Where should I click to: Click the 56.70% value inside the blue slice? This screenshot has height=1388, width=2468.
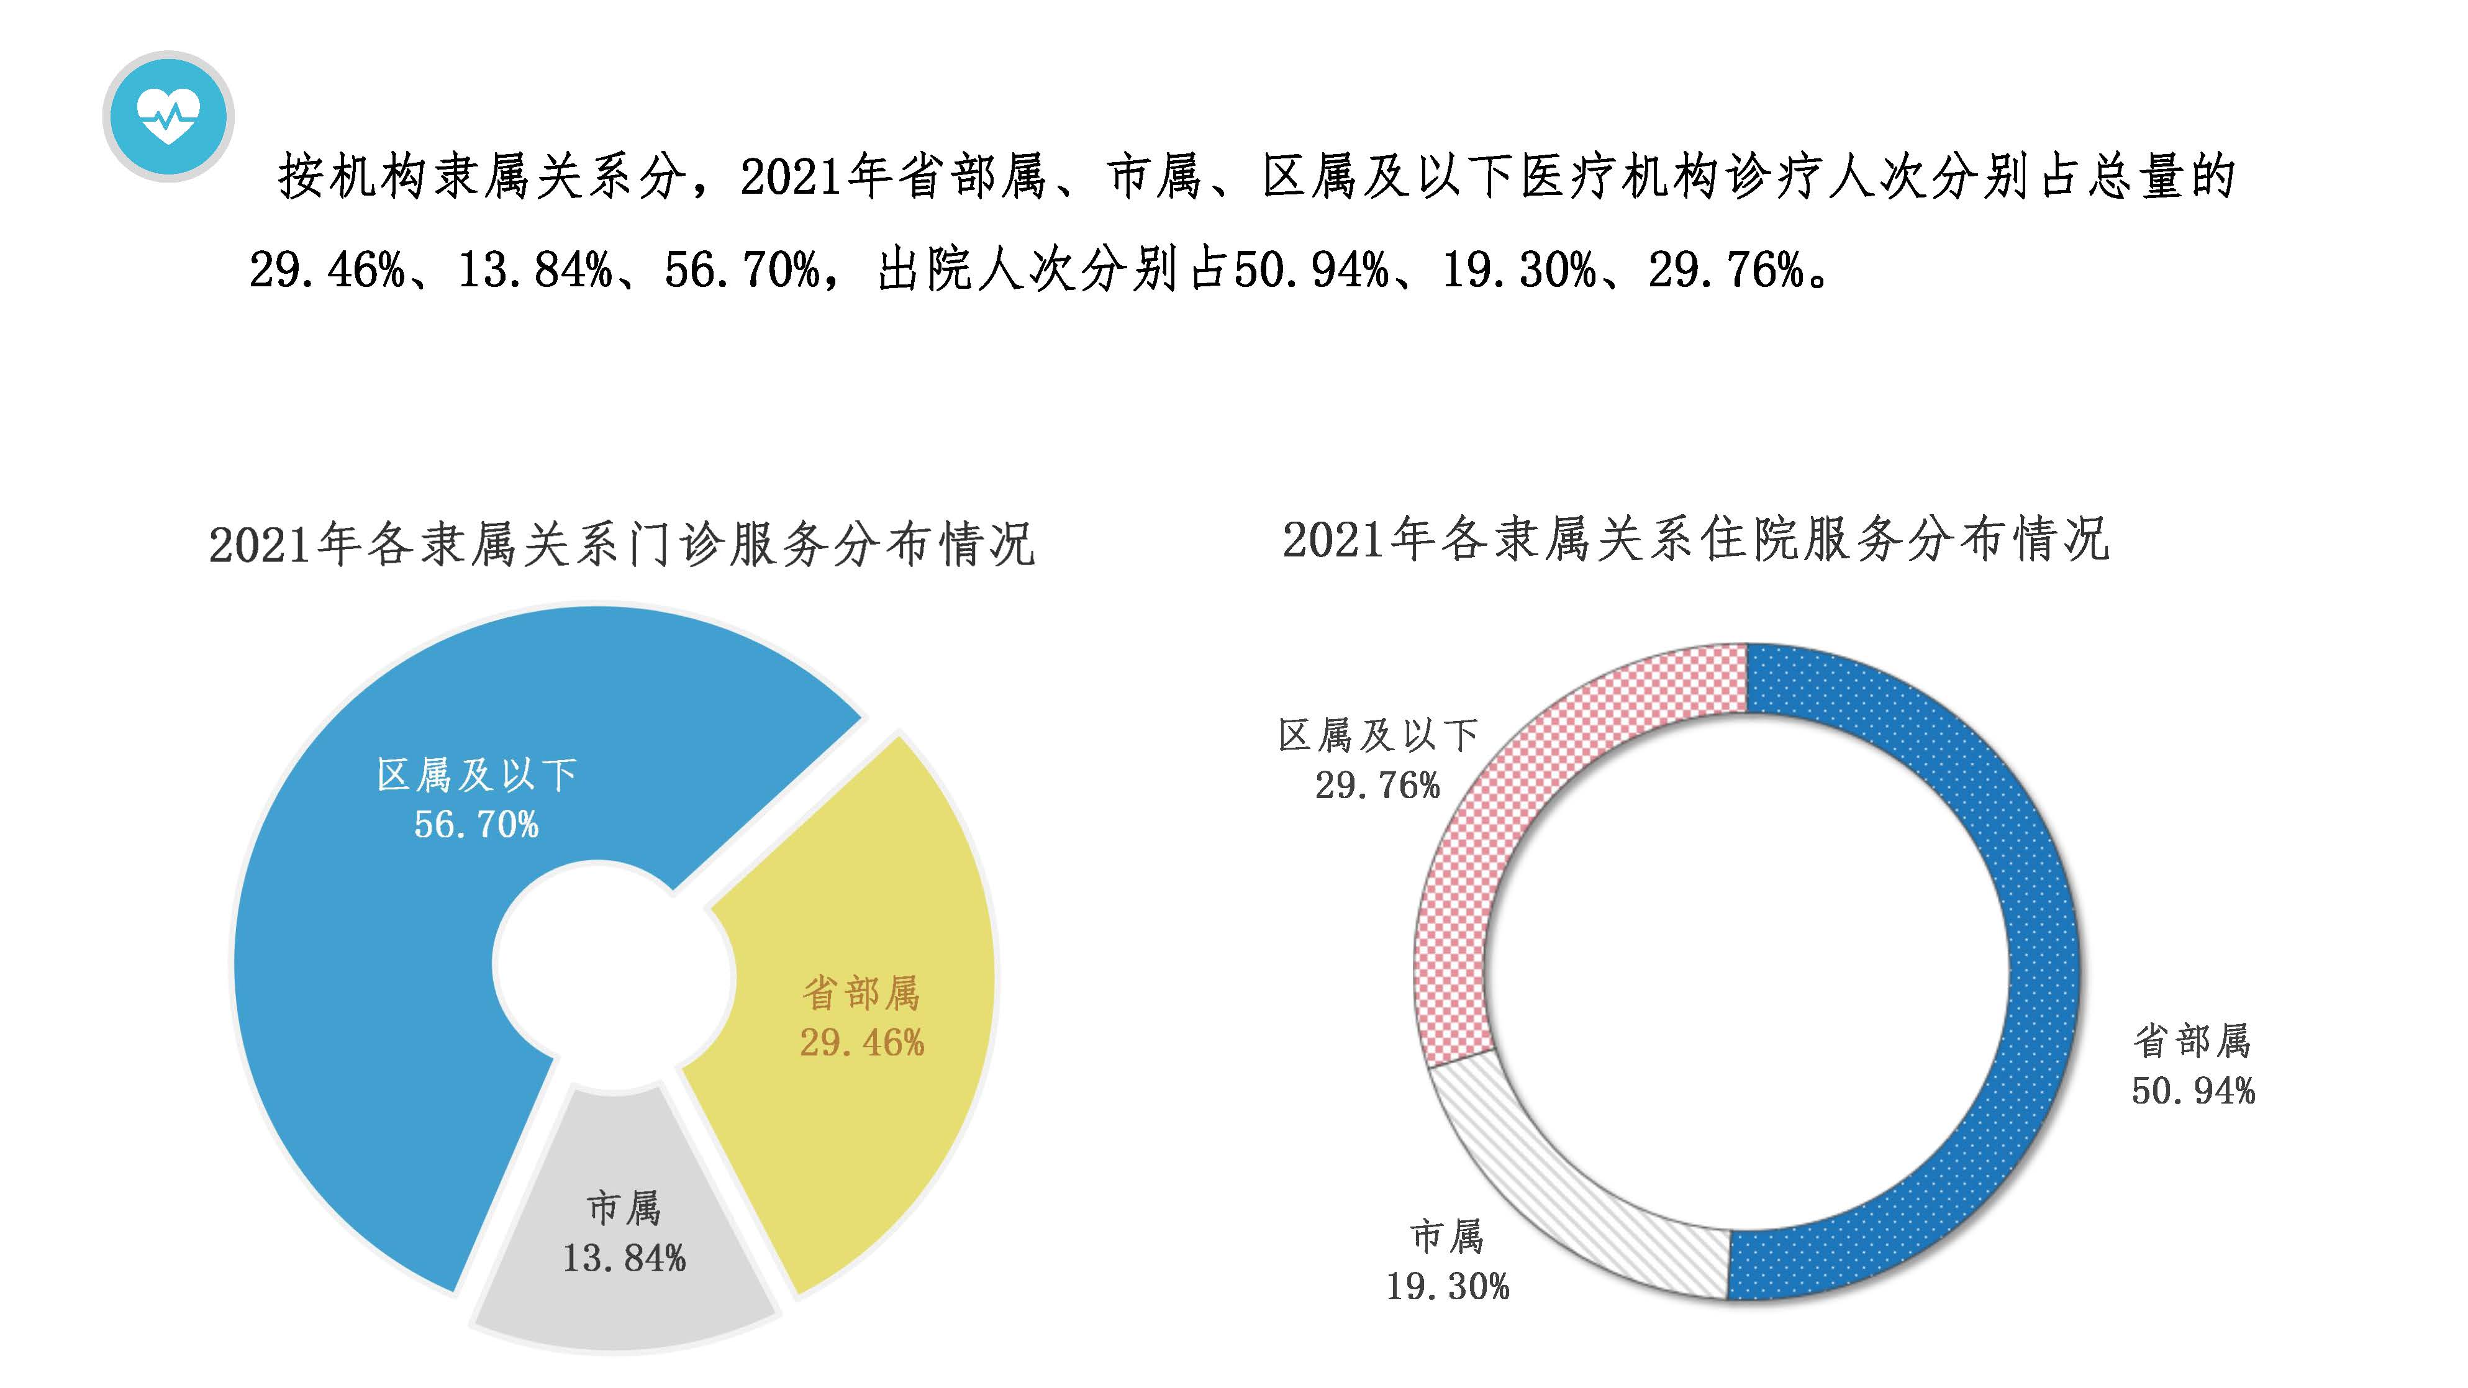coord(476,825)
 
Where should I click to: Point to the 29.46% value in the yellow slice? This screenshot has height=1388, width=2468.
coord(861,1043)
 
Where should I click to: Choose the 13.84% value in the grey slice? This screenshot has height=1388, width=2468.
coord(624,1259)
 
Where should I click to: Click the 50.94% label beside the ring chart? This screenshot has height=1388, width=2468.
coord(2192,1091)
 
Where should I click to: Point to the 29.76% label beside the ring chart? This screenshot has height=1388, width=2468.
coord(1377,786)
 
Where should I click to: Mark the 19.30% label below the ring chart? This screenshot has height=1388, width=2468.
coord(1446,1287)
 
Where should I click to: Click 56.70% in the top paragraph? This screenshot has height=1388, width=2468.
coord(743,270)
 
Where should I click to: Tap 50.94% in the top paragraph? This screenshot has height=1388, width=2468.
coord(1310,270)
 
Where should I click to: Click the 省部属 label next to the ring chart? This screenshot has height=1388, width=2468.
coord(2192,1041)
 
